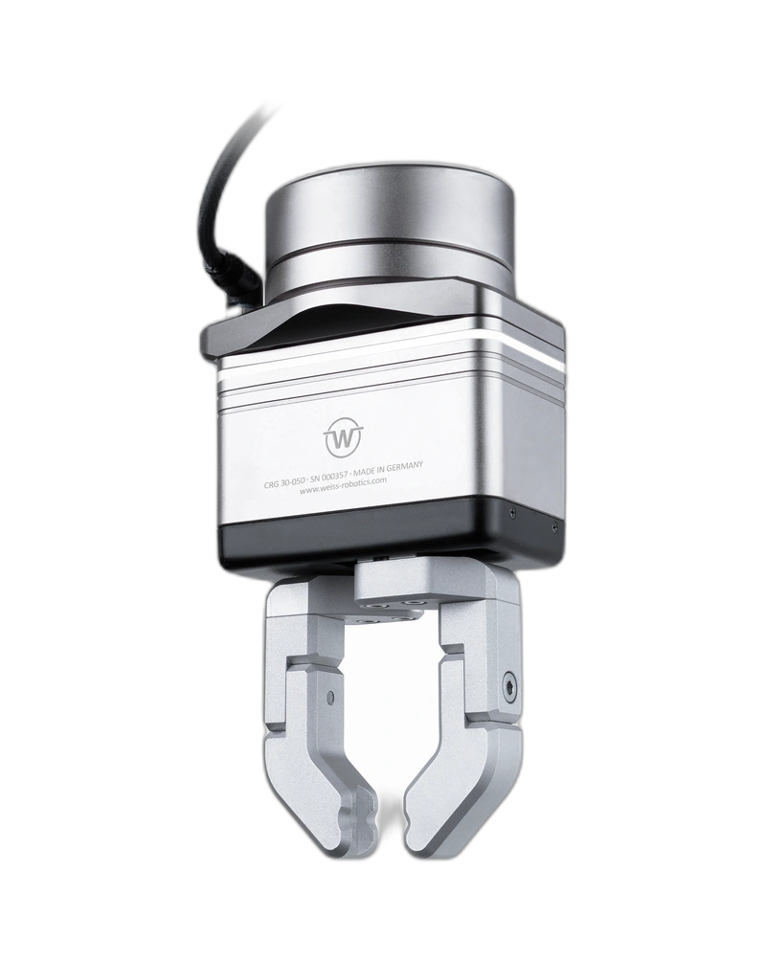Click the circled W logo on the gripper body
[344, 437]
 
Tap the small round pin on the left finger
[330, 695]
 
